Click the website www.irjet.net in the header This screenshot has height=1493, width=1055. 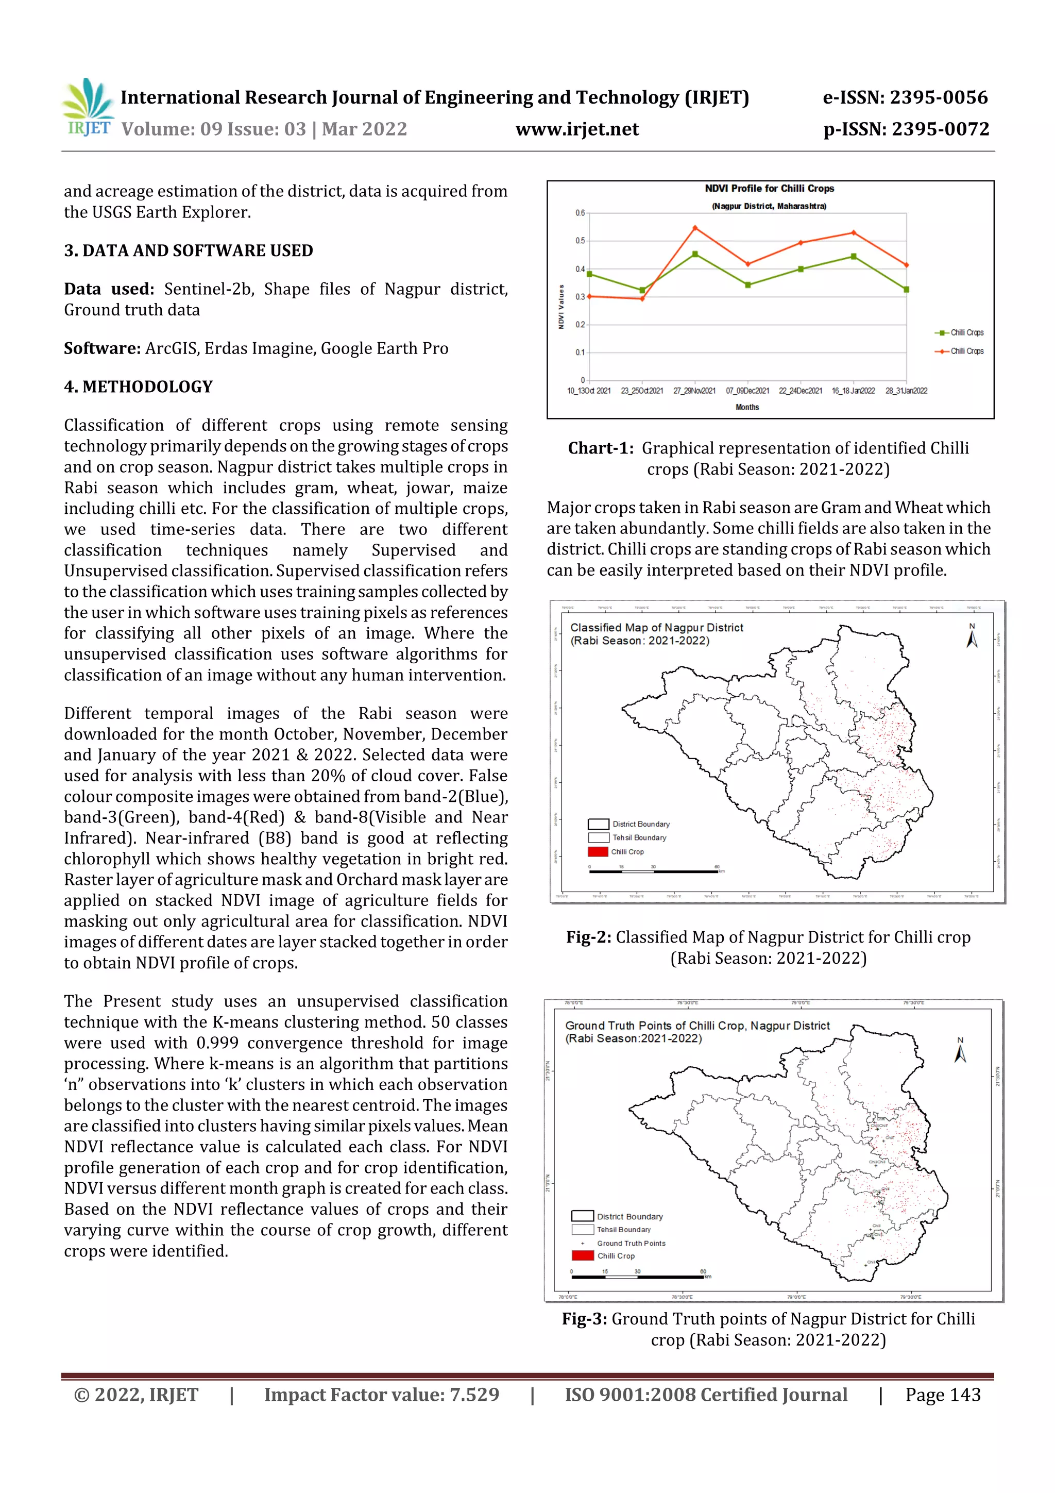click(x=576, y=129)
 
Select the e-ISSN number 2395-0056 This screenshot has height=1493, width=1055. click(x=938, y=97)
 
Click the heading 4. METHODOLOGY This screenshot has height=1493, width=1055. click(x=138, y=387)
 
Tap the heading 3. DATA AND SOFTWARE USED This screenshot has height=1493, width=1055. click(x=188, y=251)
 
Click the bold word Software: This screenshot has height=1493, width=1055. click(x=102, y=348)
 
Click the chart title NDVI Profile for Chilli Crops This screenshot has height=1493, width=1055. click(x=769, y=189)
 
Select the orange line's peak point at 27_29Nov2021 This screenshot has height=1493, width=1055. click(x=695, y=228)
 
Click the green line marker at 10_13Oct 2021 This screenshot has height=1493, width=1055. click(x=589, y=274)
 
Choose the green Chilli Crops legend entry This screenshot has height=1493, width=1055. click(x=960, y=333)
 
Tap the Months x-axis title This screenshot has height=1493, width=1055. click(x=747, y=408)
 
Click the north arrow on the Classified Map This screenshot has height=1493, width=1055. click(x=972, y=636)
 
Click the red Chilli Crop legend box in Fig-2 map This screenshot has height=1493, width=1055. click(x=598, y=852)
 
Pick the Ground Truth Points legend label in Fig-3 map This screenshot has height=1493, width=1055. click(x=631, y=1243)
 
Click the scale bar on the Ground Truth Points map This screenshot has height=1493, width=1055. click(x=637, y=1277)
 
